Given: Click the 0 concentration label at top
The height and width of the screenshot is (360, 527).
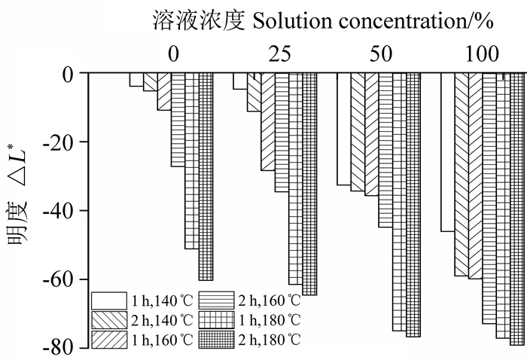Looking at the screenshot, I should pyautogui.click(x=173, y=54).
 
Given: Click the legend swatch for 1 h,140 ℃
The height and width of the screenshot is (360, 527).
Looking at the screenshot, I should pyautogui.click(x=108, y=301).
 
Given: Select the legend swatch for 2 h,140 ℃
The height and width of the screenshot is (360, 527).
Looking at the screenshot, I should pyautogui.click(x=108, y=320).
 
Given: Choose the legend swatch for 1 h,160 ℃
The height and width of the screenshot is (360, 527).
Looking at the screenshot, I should pyautogui.click(x=108, y=340).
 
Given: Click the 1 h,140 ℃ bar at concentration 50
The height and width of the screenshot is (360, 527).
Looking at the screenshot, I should pyautogui.click(x=343, y=129).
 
